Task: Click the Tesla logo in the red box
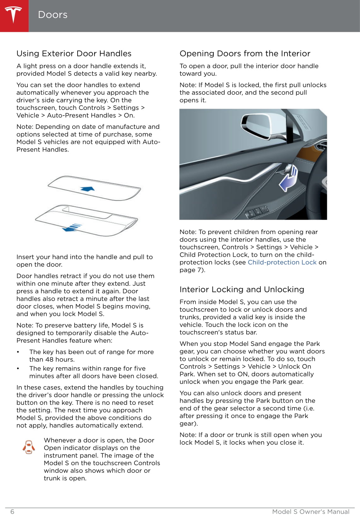click(14, 15)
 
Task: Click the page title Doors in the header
click(53, 15)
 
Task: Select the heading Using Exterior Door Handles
click(74, 54)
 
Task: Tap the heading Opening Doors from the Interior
click(245, 54)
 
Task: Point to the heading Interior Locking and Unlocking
click(242, 289)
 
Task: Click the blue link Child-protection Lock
click(282, 262)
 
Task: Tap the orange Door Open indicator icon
click(29, 447)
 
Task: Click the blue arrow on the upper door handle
click(88, 189)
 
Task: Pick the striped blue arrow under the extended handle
click(73, 227)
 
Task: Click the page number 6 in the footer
click(12, 512)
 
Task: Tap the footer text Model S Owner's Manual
click(311, 512)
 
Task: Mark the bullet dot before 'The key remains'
click(18, 369)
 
